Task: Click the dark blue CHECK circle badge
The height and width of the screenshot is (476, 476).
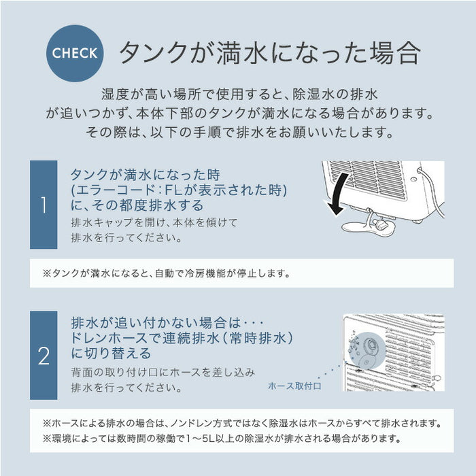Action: point(75,52)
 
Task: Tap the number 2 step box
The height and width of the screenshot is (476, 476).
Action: point(44,356)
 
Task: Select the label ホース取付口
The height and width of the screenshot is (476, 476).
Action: point(294,386)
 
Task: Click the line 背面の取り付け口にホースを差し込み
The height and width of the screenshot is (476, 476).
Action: point(163,372)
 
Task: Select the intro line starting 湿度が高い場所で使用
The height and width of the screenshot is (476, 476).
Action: point(237,94)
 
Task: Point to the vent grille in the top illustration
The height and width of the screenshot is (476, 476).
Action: point(367,178)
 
